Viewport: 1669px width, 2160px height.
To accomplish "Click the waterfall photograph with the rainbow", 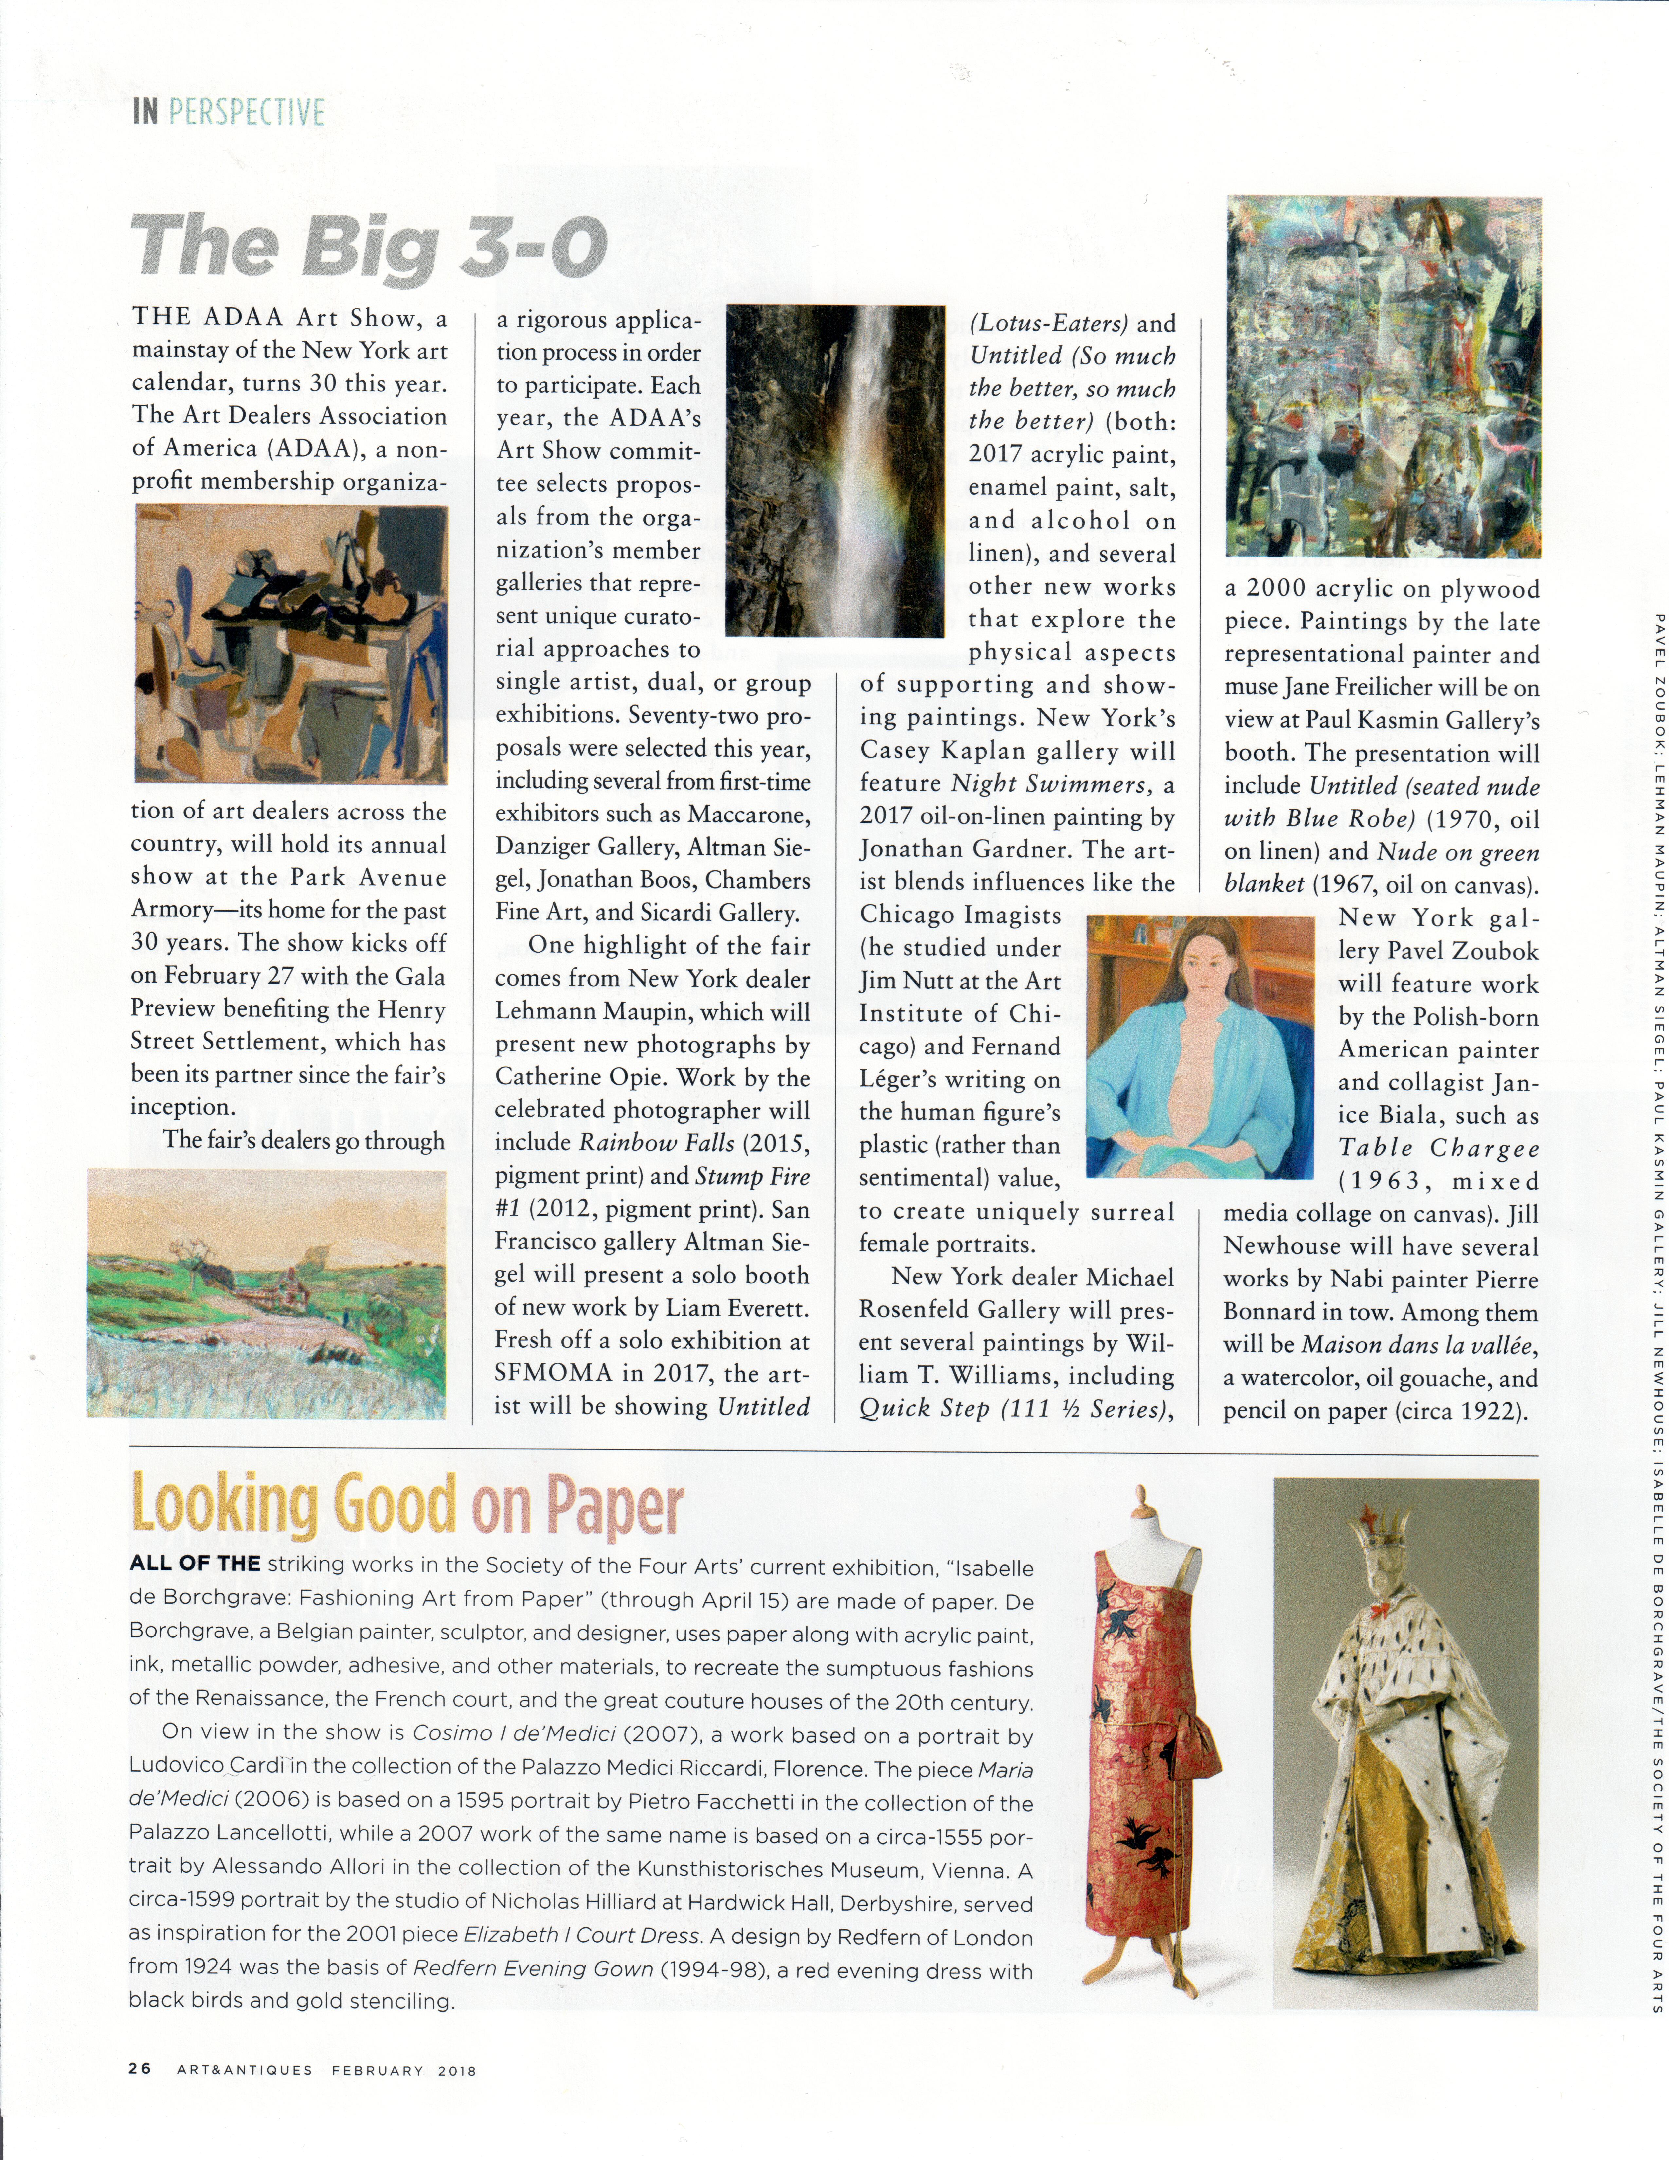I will [x=835, y=470].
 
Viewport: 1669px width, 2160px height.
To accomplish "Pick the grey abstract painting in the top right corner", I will [x=1382, y=376].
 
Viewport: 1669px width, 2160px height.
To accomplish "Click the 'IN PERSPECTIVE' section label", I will [x=228, y=112].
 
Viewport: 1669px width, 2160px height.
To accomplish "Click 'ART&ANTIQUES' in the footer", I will [x=244, y=2070].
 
